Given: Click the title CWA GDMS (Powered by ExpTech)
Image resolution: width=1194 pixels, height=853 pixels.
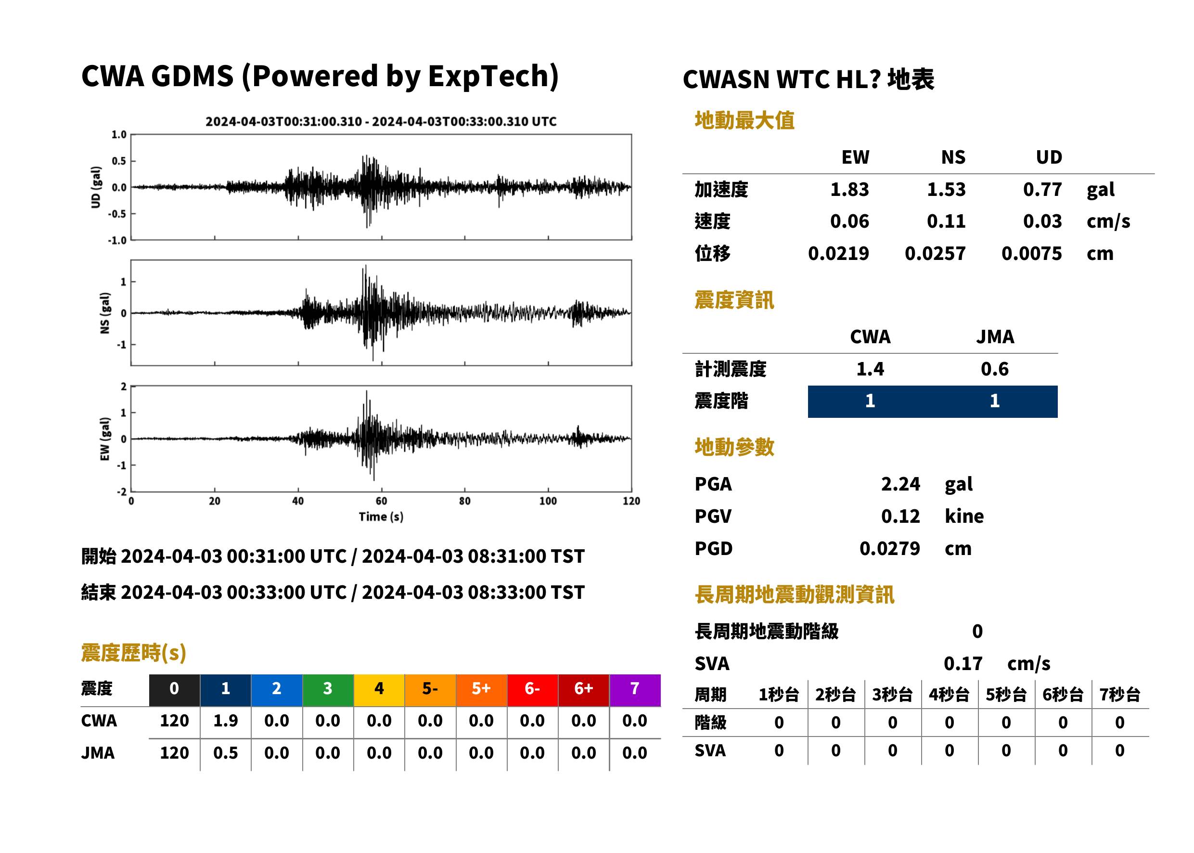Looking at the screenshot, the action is [320, 77].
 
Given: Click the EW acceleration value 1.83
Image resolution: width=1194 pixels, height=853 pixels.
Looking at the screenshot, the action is [849, 189].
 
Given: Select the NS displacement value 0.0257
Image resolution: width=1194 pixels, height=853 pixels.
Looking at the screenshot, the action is [935, 253].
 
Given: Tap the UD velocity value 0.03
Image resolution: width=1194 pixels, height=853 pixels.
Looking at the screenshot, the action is [1042, 221].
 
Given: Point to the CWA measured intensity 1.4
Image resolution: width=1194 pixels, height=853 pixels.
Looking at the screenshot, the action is [870, 369].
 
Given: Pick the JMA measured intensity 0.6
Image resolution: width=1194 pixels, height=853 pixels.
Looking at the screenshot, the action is [994, 369].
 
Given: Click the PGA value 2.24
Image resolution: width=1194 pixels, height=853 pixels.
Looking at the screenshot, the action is [900, 484].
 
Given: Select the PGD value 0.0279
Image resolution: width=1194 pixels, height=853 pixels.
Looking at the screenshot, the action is [889, 548].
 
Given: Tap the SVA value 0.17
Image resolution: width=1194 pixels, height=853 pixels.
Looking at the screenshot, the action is [963, 663].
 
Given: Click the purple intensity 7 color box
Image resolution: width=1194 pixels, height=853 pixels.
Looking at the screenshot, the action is [635, 690].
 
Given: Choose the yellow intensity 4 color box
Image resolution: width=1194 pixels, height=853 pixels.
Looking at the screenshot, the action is [379, 690].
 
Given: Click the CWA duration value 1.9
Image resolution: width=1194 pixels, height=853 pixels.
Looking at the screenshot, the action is [225, 721].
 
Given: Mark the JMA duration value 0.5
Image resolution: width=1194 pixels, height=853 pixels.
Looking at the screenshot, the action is [225, 753].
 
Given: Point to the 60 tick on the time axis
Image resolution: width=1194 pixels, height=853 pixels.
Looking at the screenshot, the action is [381, 501].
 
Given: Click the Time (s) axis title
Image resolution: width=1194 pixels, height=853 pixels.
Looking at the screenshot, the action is [381, 517].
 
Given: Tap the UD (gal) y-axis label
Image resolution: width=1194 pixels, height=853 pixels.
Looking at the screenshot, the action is [96, 187].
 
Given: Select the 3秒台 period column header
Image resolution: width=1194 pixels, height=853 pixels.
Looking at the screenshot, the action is [892, 694].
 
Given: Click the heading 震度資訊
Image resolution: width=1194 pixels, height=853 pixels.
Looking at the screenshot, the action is [734, 300].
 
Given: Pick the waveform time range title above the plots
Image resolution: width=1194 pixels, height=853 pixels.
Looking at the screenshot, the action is [381, 121].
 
